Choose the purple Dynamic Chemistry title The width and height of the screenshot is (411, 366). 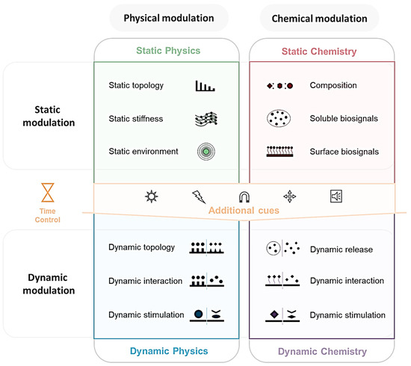(x=324, y=350)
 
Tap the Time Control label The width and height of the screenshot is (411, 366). (x=47, y=216)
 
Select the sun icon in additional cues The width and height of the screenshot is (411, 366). (x=151, y=196)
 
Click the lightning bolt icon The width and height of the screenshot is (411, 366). (x=198, y=197)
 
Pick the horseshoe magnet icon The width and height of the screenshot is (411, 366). (x=244, y=196)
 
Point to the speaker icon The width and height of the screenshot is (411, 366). (x=336, y=196)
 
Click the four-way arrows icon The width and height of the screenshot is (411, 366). (x=290, y=197)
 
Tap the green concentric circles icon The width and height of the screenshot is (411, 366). (x=205, y=152)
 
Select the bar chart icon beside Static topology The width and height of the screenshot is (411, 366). (x=205, y=86)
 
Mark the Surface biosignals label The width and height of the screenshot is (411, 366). (x=344, y=152)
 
